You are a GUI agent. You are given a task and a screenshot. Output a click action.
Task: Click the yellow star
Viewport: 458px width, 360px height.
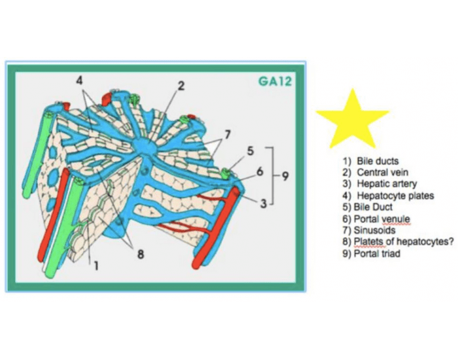pyautogui.click(x=353, y=121)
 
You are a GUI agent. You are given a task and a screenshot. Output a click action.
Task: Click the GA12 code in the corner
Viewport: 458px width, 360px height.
pyautogui.click(x=275, y=81)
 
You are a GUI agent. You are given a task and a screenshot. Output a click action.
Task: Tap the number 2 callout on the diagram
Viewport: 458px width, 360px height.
pyautogui.click(x=181, y=86)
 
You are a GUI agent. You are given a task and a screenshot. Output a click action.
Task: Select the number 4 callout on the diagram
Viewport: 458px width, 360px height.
pyautogui.click(x=79, y=81)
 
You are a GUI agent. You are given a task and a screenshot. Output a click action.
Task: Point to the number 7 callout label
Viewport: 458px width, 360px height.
pyautogui.click(x=228, y=135)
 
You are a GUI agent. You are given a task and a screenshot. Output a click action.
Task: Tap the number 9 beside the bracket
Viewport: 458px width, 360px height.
pyautogui.click(x=285, y=176)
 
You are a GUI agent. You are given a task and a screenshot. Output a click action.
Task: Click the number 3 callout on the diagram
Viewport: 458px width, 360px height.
pyautogui.click(x=264, y=203)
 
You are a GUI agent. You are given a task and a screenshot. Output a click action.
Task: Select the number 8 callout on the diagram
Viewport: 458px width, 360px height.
pyautogui.click(x=141, y=254)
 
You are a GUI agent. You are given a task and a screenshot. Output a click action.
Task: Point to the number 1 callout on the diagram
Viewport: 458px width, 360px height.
pyautogui.click(x=96, y=266)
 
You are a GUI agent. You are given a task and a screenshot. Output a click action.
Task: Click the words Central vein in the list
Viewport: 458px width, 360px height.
pyautogui.click(x=382, y=172)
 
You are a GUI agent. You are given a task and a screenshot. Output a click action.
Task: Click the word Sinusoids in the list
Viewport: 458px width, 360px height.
pyautogui.click(x=374, y=230)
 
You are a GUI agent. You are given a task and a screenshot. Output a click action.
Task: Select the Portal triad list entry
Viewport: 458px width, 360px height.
pyautogui.click(x=377, y=254)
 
